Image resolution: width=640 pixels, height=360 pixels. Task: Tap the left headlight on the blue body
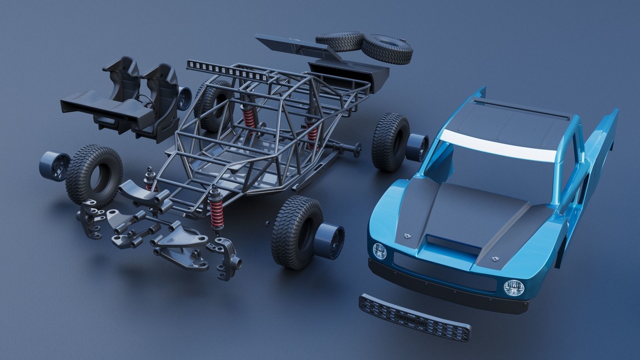tap(380, 251)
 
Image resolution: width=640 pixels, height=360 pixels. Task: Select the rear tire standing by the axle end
tap(390, 142)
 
